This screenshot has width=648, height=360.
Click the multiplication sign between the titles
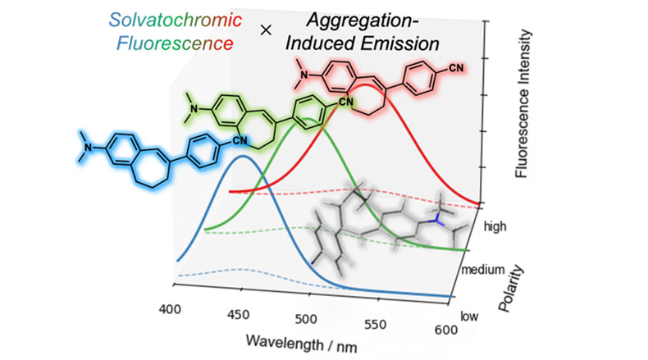265,30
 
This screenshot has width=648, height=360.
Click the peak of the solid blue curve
241,157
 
